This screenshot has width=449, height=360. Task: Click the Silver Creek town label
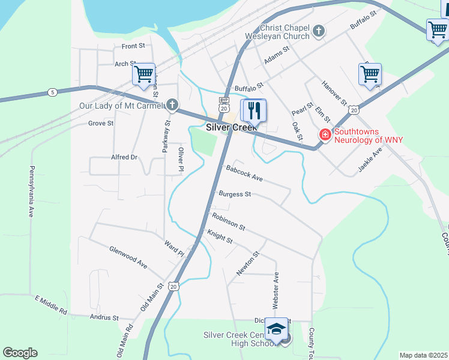231,128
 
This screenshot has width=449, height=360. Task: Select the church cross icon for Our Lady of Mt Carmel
172,106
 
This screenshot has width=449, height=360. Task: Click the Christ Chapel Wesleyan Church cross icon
319,30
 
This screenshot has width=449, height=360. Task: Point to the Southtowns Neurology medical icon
325,136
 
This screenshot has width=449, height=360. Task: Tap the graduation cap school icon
276,329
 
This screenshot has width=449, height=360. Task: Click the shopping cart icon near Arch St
144,74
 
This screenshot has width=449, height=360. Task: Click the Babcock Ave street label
244,173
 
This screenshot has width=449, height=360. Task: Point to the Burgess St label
235,194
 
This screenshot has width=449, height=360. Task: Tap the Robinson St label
229,221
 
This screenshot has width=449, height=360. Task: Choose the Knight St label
220,236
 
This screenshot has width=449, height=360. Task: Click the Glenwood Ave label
128,256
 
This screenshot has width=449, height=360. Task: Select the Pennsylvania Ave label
31,191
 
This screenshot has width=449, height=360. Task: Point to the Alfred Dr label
124,157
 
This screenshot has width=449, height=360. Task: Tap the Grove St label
101,124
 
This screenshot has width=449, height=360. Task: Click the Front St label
133,46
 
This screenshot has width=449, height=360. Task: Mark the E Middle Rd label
51,305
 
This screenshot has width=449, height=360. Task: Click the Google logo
20,353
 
